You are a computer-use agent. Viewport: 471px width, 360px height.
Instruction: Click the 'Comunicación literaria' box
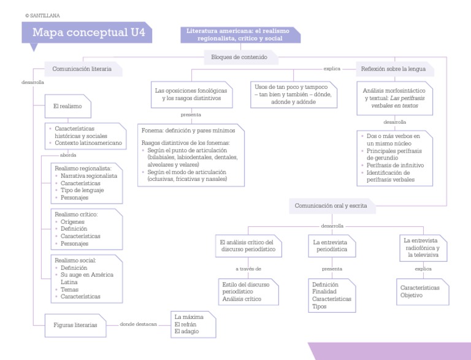82,69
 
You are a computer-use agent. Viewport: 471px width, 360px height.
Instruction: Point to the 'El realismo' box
67,106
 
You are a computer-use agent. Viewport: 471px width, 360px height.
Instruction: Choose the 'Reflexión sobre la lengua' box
393,69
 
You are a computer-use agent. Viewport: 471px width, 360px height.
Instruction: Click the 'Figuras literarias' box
75,325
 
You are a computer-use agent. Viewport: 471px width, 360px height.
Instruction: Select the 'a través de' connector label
248,269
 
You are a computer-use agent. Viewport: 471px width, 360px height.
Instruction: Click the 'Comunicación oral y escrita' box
331,206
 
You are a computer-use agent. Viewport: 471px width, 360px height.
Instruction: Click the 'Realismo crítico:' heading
77,214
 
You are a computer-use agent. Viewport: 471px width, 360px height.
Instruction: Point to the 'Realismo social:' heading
76,260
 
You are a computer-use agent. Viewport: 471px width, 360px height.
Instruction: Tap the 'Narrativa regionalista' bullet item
89,175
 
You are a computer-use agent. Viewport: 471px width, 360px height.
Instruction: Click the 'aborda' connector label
68,155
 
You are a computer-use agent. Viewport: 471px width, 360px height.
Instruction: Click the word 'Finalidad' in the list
325,292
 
